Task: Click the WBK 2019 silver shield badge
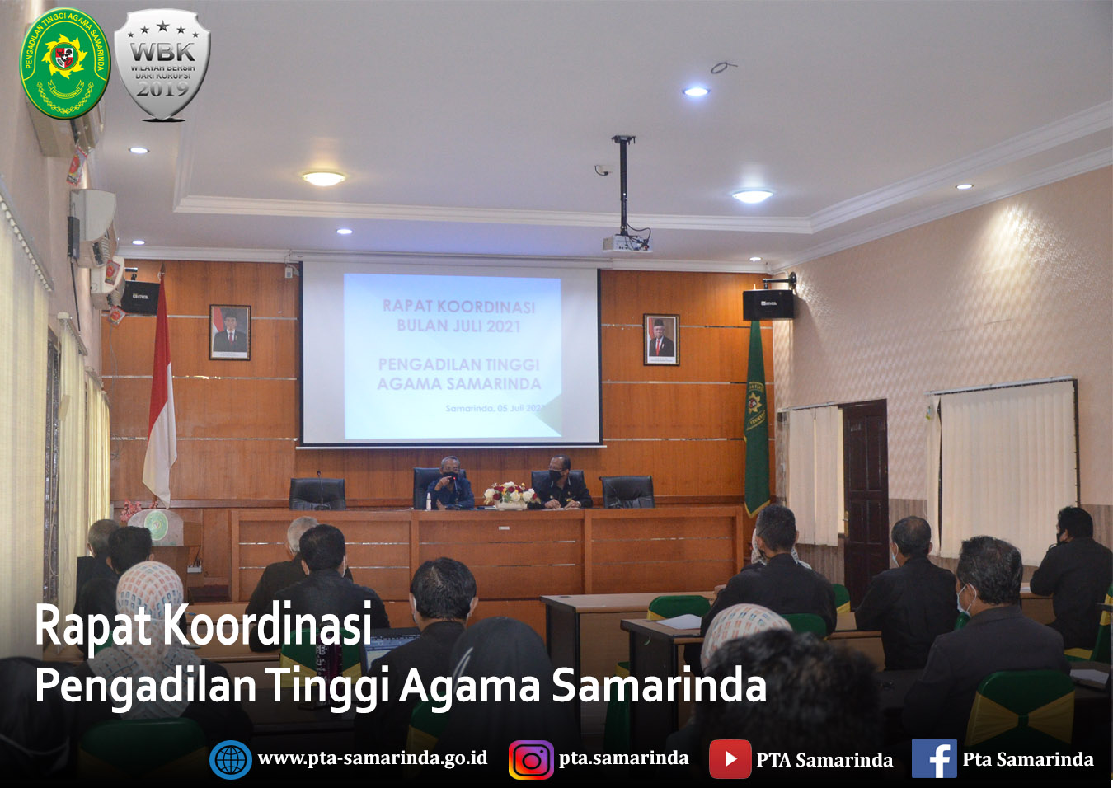(162, 65)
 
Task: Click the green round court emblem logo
(64, 63)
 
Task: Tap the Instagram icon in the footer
(531, 760)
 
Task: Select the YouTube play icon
(730, 759)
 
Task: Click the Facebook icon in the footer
(934, 758)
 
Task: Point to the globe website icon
(231, 759)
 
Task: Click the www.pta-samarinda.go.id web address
(373, 758)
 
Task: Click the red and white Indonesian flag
(160, 396)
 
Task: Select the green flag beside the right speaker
(756, 420)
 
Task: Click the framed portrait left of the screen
(230, 332)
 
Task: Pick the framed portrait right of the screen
(661, 339)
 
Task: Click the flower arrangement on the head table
(510, 495)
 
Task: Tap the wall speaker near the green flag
(768, 304)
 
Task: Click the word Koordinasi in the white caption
(268, 625)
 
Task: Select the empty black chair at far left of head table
(317, 493)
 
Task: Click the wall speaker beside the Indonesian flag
(140, 297)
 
